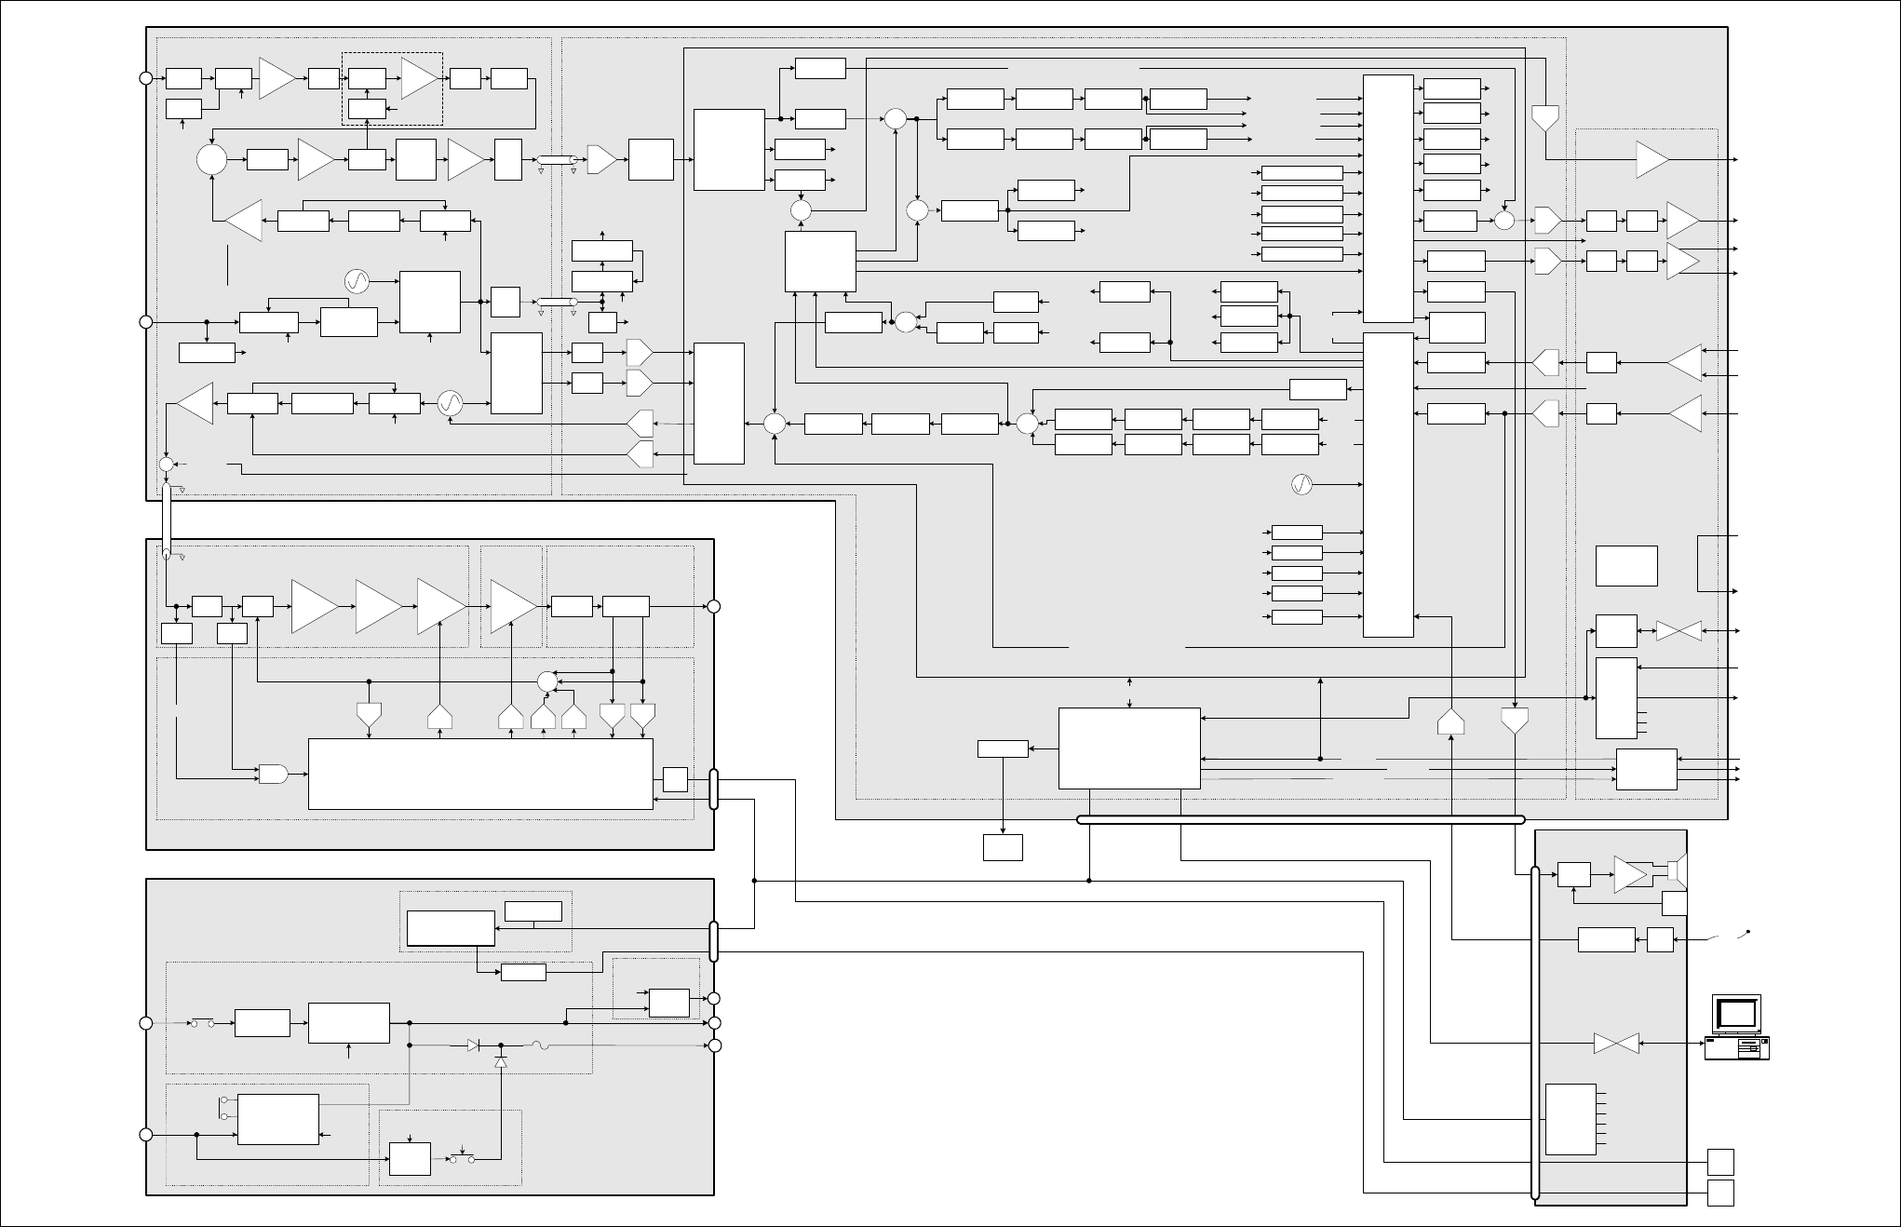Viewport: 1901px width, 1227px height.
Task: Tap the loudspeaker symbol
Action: [x=1674, y=872]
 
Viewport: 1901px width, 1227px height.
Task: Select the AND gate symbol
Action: [x=273, y=773]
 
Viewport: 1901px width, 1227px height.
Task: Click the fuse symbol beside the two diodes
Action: [x=541, y=1045]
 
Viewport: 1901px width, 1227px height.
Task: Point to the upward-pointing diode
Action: [x=501, y=1061]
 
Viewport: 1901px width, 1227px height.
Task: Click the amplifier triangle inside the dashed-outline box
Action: [x=419, y=78]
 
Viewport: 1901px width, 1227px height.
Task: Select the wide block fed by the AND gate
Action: [x=479, y=774]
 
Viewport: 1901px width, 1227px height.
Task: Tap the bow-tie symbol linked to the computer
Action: [x=1616, y=1044]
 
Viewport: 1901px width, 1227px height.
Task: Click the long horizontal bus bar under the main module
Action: [x=1301, y=819]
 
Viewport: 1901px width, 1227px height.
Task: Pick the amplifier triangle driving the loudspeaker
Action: [x=1631, y=873]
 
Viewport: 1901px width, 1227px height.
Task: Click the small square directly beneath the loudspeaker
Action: [x=1674, y=902]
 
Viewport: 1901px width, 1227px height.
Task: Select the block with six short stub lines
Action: [x=1571, y=1119]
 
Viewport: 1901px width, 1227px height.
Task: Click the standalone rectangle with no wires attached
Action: [x=1626, y=565]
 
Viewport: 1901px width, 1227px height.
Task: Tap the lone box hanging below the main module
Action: [x=1003, y=847]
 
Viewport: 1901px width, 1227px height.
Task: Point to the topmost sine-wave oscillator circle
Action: [x=357, y=280]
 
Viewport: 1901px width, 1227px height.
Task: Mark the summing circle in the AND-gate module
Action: [x=547, y=681]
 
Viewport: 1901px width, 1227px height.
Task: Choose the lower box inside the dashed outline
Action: [x=367, y=109]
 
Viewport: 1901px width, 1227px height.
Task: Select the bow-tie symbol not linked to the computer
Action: [x=1679, y=631]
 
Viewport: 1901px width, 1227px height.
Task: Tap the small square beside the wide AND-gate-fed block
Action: [x=675, y=779]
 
